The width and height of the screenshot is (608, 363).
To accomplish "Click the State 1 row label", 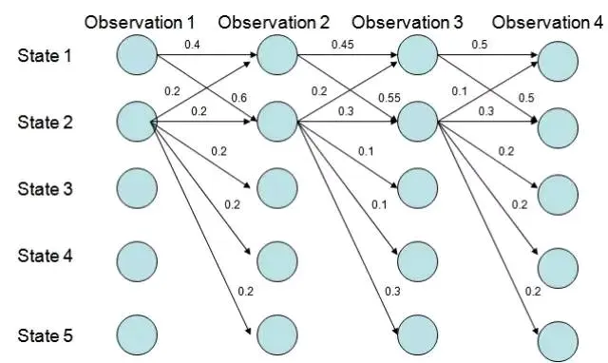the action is (45, 55).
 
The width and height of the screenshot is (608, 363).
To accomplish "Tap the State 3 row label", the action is (45, 189).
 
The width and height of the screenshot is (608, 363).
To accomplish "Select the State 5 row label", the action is (45, 335).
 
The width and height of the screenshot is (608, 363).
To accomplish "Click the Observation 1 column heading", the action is (140, 23).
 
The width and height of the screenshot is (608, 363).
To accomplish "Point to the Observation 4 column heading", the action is (547, 23).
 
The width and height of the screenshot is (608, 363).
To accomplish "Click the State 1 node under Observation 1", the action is (137, 55).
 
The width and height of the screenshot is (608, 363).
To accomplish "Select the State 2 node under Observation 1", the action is (137, 122).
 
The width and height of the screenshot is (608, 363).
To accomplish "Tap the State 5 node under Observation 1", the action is (137, 335).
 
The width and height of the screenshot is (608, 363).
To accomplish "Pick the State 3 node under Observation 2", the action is (276, 188).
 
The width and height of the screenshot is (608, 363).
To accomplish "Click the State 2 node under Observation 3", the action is (418, 122).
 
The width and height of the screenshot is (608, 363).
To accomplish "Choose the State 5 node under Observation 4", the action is (558, 342).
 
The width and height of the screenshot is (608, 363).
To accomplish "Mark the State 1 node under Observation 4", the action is (558, 62).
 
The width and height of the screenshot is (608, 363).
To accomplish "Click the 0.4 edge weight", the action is (192, 45).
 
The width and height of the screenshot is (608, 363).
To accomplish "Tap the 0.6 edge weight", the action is (238, 98).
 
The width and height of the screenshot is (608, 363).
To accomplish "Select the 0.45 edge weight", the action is (343, 45).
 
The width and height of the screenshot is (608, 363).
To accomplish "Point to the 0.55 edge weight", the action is (389, 98).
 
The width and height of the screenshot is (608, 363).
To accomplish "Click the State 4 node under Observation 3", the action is (418, 261).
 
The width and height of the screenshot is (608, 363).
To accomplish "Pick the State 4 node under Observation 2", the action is (276, 261).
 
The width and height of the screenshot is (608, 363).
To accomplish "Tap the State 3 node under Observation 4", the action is (558, 195).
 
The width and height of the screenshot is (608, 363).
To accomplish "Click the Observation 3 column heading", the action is (408, 23).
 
